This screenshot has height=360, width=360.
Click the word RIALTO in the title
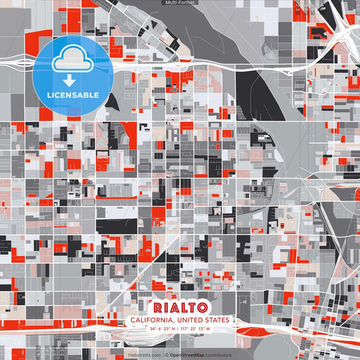[x=180, y=307]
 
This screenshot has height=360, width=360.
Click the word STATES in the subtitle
[x=215, y=320]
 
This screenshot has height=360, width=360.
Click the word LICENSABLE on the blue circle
[x=73, y=93]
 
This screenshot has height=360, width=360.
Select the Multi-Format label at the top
[x=180, y=3]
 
